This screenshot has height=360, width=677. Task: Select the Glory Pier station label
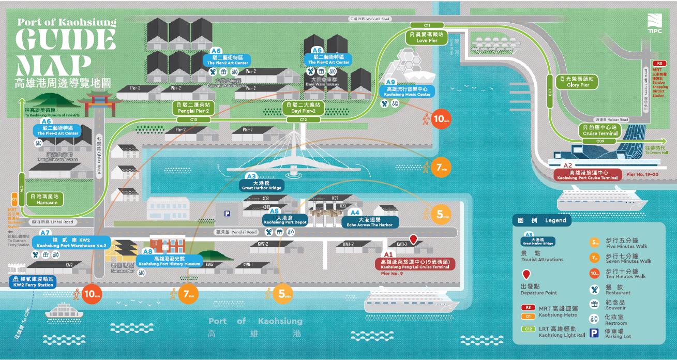578,82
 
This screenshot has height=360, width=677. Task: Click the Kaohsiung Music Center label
408,92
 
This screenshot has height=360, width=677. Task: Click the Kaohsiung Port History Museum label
169,261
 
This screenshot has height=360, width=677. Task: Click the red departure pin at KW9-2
414,239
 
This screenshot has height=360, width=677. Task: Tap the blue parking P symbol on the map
226,214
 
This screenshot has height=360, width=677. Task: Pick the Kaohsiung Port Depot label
285,219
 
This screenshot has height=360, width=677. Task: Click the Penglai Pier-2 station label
193,108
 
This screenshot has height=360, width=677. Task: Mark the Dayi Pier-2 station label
303,108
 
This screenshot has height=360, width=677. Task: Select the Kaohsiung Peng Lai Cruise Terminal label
415,264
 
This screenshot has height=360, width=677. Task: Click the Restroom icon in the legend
595,319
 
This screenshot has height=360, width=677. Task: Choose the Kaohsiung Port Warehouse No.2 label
71,243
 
